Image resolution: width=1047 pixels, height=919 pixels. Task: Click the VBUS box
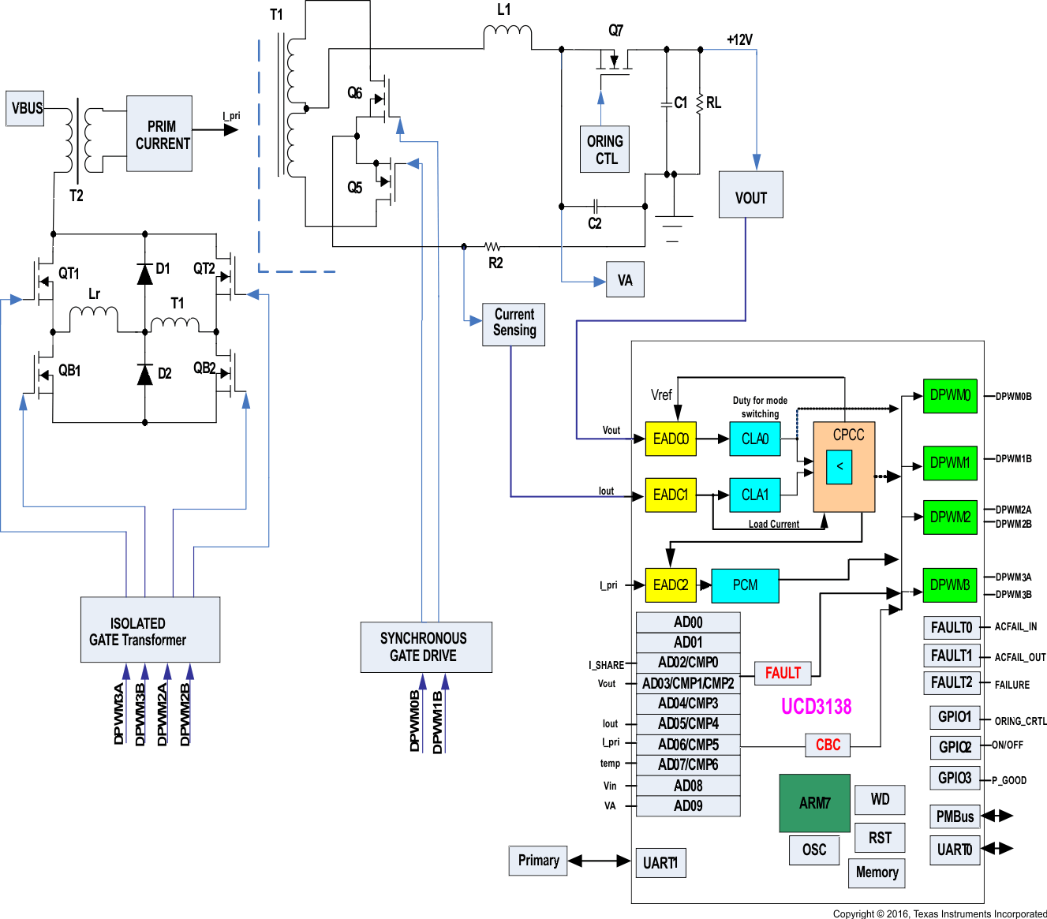point(27,108)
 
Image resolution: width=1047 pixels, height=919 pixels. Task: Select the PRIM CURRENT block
point(159,134)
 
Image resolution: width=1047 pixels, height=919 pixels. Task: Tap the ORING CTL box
point(604,149)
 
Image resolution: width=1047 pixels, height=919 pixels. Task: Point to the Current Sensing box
point(514,323)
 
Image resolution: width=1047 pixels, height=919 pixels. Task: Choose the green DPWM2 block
point(950,517)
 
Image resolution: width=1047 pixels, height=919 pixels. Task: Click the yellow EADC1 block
point(671,495)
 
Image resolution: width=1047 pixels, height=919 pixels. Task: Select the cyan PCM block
point(745,585)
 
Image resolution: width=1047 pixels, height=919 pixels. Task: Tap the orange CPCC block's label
point(848,435)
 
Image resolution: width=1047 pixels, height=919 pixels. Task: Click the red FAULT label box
point(783,673)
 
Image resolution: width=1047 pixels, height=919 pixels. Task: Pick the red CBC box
point(828,745)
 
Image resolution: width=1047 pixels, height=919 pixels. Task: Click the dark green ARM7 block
point(814,803)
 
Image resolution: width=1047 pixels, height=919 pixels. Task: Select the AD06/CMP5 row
point(688,744)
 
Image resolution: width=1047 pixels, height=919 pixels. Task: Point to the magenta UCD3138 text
point(816,706)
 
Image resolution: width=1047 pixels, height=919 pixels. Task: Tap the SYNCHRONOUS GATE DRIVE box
point(426,647)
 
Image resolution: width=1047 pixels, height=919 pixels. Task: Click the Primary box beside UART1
point(538,861)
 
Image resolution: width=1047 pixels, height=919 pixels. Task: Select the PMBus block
point(955,816)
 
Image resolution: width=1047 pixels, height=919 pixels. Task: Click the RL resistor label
point(713,103)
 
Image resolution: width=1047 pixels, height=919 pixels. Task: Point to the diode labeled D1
point(144,274)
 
